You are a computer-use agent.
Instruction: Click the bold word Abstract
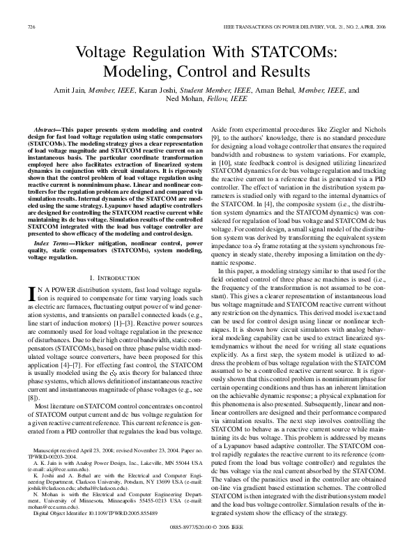pos(47,130)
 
